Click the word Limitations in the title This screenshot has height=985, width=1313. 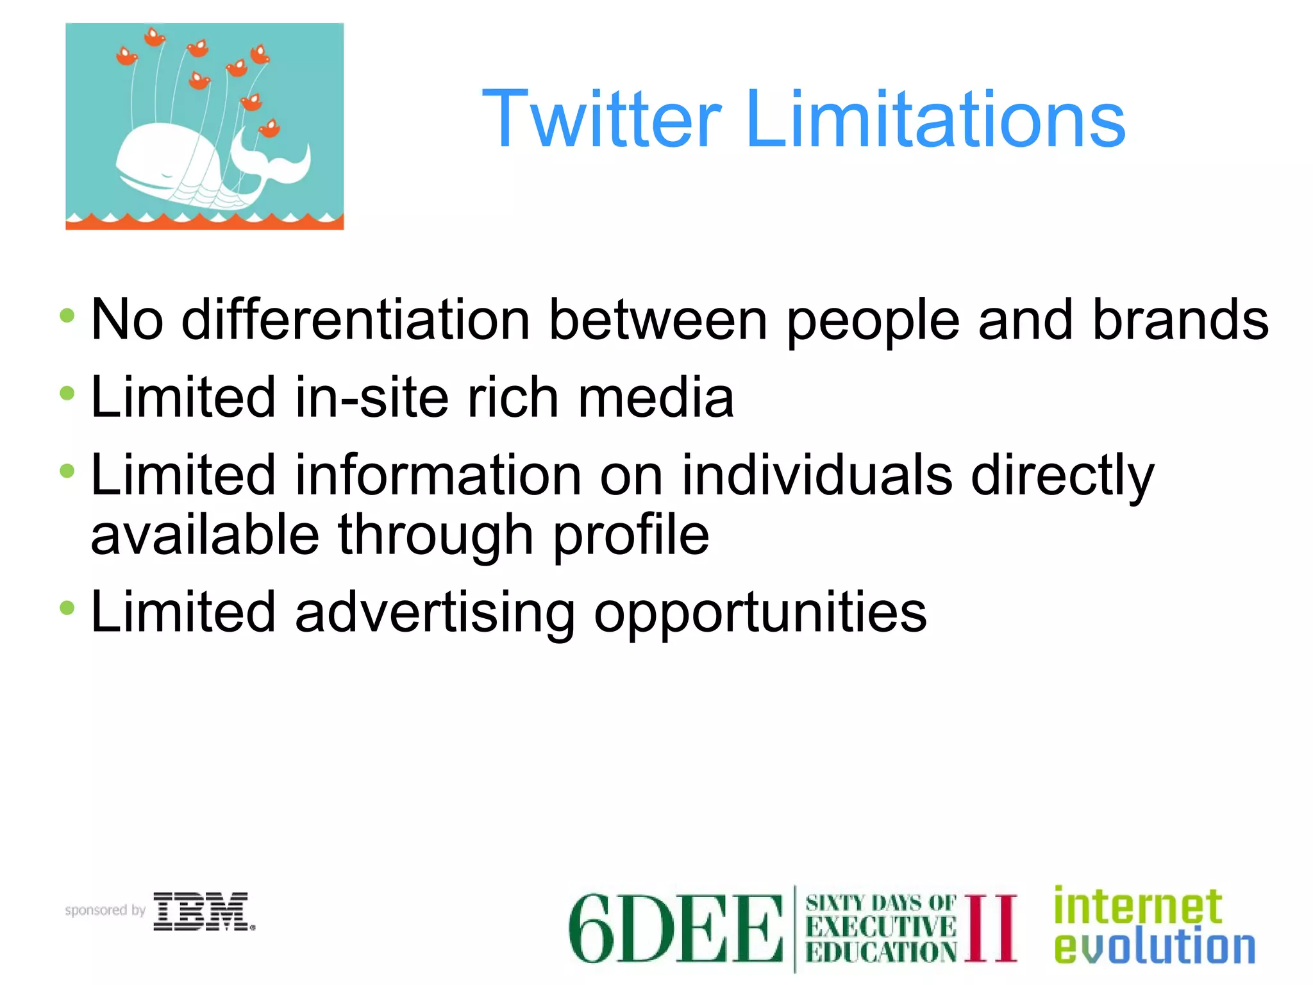pos(935,120)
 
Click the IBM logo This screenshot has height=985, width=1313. pos(203,911)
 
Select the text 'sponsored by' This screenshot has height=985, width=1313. pos(105,910)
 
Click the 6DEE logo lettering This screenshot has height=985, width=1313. pos(675,928)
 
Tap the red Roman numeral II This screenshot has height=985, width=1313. pos(991,927)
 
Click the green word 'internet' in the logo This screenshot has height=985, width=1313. pos(1138,906)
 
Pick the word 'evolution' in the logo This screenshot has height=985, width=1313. pos(1154,947)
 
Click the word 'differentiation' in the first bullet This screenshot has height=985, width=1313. pos(356,320)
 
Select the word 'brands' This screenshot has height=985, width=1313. pos(1180,320)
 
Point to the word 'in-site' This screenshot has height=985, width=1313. pos(371,398)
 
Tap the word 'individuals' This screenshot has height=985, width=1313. pos(817,475)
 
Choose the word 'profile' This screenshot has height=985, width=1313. pos(631,535)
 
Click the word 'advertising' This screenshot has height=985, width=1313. pos(435,612)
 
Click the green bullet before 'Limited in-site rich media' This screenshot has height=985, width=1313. pos(67,394)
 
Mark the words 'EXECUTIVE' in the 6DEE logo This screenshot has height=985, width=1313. pos(881,927)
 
